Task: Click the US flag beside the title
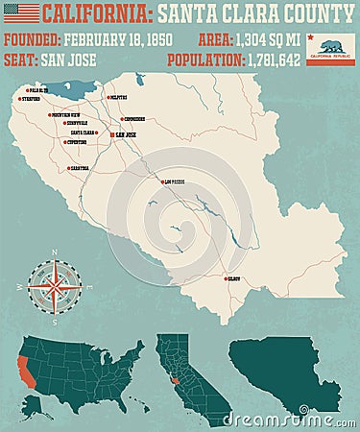coord(21,13)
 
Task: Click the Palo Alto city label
coord(38,91)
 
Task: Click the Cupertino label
coord(76,142)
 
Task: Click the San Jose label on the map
coord(125,135)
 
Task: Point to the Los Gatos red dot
coord(160,180)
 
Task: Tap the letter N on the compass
coord(55,253)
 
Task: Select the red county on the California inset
coord(173,381)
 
